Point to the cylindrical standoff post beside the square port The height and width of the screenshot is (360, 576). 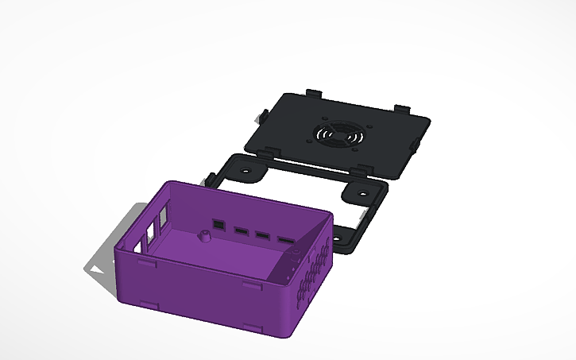(204, 236)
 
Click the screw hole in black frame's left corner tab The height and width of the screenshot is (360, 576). (243, 171)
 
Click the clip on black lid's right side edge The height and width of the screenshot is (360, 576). (416, 143)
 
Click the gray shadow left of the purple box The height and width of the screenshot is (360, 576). (102, 266)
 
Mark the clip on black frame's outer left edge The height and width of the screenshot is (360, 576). (212, 176)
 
